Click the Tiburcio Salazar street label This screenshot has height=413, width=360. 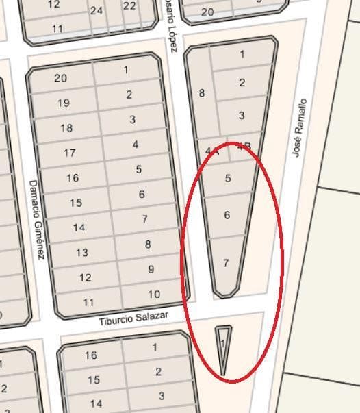coord(133,318)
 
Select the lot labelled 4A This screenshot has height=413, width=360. coord(211,151)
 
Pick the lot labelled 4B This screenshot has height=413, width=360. coord(244,146)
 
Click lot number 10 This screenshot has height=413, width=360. coord(154,295)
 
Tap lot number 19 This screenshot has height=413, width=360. coord(63,103)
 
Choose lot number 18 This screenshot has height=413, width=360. coord(66,128)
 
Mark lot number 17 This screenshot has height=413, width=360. coord(69,153)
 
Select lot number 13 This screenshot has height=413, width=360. coord(81,253)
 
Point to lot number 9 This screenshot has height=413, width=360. coord(151,269)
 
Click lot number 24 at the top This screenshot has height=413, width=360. coord(97,10)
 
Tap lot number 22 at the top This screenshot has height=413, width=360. coord(129,6)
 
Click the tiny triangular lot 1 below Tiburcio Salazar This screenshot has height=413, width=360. coord(223,342)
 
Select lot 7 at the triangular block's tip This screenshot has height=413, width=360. coord(226,263)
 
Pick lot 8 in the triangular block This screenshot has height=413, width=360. coord(201,92)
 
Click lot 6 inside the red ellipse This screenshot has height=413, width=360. coord(227,215)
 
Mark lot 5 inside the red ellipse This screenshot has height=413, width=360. coord(228,179)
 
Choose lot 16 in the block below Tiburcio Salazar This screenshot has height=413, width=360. coord(91,355)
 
